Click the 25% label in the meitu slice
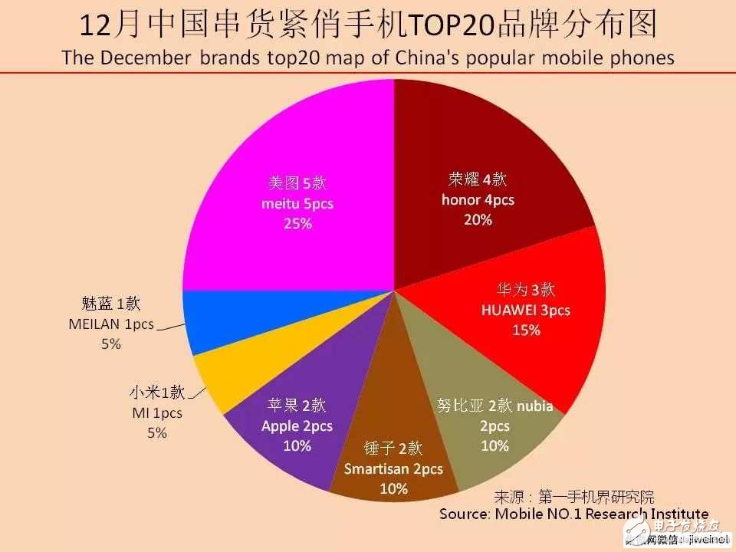298,224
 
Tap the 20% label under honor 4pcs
477,219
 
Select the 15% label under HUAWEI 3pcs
526,330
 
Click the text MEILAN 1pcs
111,324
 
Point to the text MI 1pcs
157,413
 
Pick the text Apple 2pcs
297,426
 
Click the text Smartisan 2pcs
393,469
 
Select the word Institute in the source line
666,514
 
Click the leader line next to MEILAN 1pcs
172,327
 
